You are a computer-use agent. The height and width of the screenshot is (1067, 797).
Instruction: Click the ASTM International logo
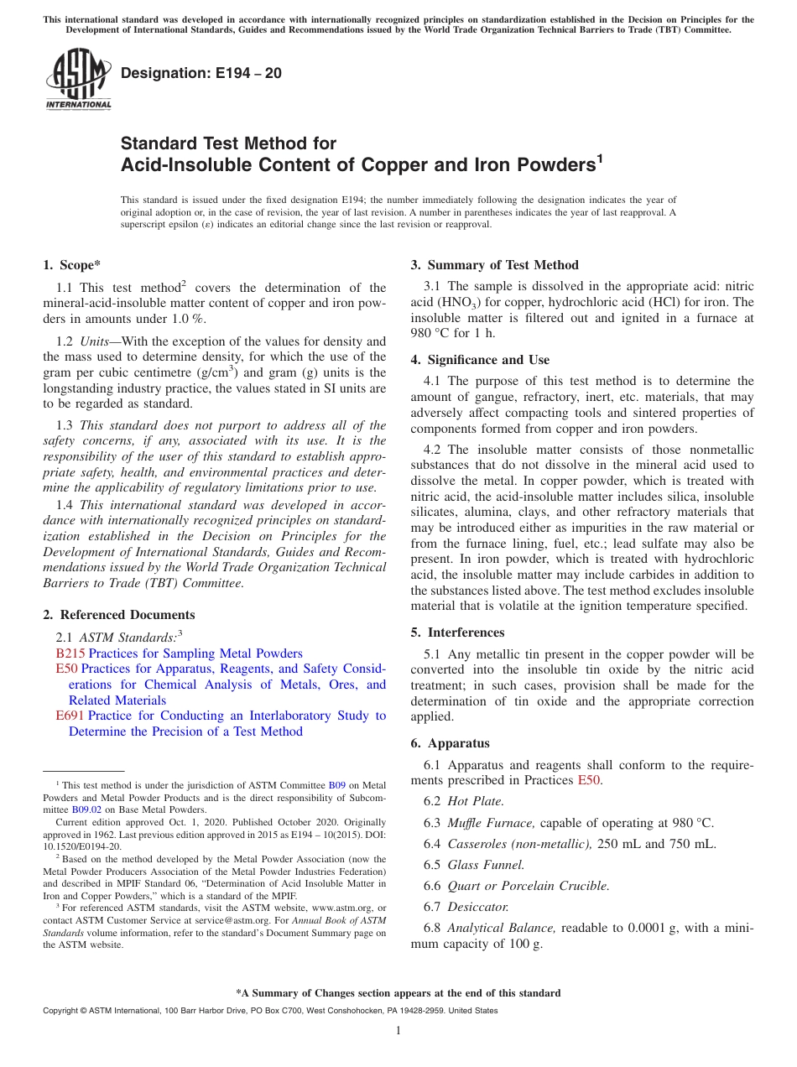[78, 80]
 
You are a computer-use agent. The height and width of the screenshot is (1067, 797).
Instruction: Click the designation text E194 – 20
[201, 74]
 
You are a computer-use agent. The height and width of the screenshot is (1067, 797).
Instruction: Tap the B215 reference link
[65, 653]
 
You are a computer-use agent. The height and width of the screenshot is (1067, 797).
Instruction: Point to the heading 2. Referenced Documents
[119, 615]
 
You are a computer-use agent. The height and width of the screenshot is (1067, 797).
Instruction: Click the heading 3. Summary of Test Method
[494, 265]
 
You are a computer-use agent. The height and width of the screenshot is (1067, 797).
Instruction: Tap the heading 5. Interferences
[458, 632]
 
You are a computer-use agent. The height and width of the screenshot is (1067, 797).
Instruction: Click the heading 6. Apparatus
[451, 743]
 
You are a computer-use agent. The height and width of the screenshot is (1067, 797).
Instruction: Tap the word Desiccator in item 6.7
[477, 907]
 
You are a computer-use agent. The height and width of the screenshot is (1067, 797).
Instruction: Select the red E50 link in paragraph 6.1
[589, 780]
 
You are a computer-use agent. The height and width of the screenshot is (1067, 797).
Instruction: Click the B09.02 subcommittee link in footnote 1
[86, 810]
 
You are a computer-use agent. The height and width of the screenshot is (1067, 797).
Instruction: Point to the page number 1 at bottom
[398, 1030]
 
